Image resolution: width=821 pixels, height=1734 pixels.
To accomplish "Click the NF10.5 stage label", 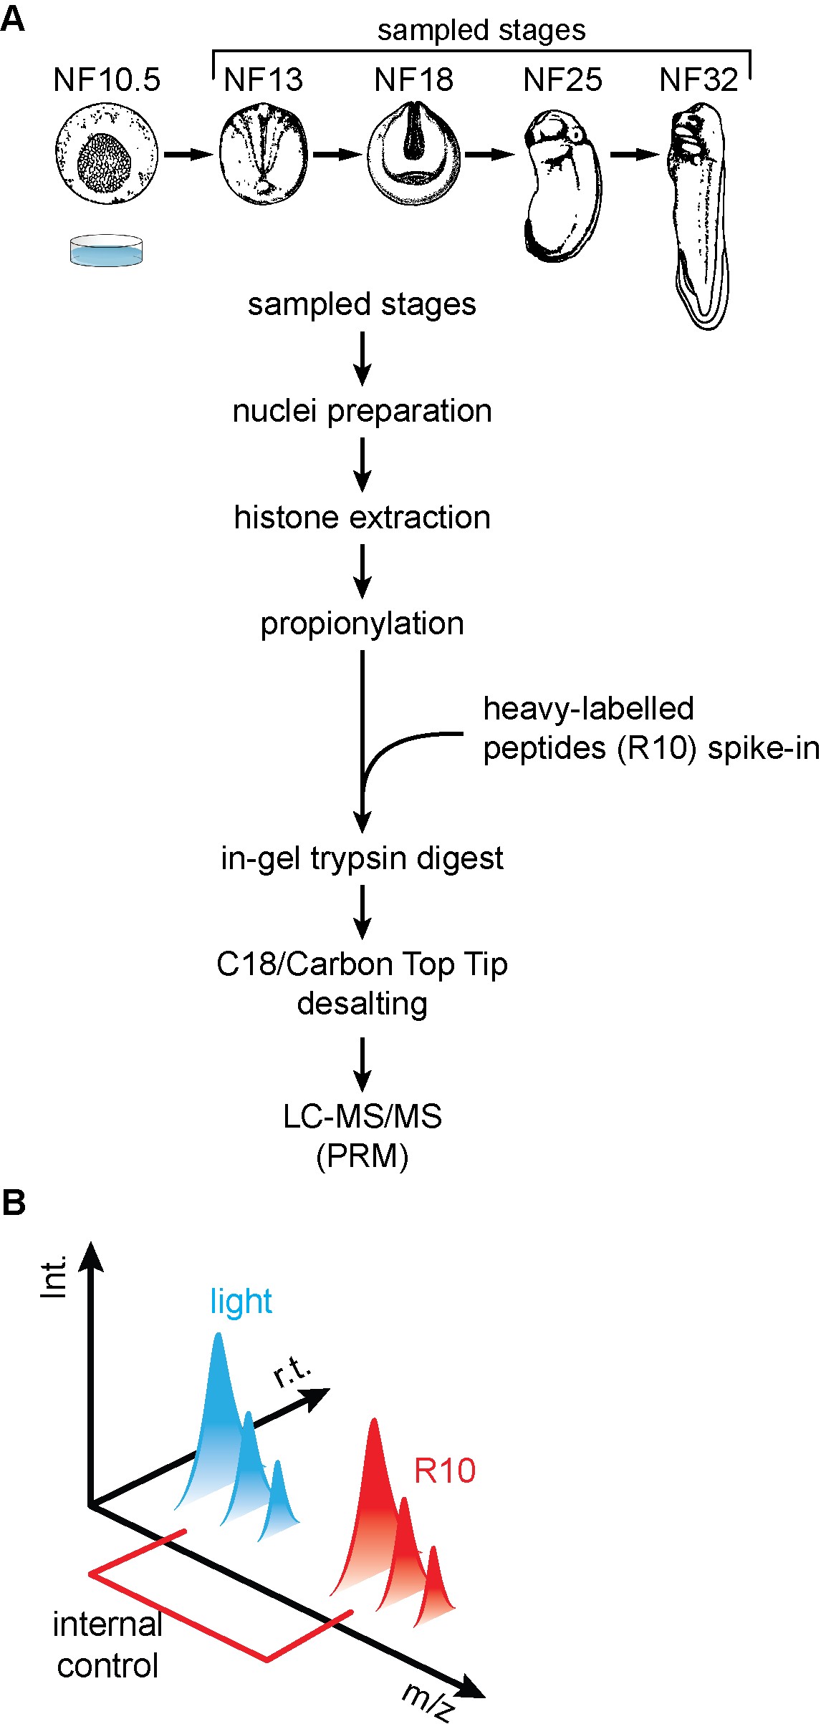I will pyautogui.click(x=107, y=79).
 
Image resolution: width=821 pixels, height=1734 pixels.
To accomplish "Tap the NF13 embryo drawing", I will pyautogui.click(x=264, y=153).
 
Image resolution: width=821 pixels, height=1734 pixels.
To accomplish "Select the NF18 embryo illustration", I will pyautogui.click(x=413, y=152).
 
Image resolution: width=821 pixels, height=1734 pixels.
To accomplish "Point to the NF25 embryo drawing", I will pyautogui.click(x=562, y=187).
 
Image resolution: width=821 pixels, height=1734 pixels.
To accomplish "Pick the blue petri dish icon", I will pyautogui.click(x=106, y=251).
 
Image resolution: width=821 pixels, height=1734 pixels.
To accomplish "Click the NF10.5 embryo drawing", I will pyautogui.click(x=107, y=153).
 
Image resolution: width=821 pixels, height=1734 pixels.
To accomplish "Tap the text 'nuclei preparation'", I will pyautogui.click(x=363, y=412).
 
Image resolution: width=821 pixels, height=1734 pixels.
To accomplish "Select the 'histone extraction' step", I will pyautogui.click(x=363, y=518).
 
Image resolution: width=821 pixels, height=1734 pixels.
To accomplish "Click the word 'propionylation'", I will pyautogui.click(x=363, y=624).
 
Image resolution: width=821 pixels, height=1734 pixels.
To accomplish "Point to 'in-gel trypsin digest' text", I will pyautogui.click(x=363, y=858).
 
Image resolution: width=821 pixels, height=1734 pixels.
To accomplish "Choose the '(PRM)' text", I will pyautogui.click(x=363, y=1156).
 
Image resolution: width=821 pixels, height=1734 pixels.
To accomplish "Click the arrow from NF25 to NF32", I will pyautogui.click(x=633, y=154).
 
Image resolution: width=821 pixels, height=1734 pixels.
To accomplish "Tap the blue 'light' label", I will pyautogui.click(x=241, y=1302).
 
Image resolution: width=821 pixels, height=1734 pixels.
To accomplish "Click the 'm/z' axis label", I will pyautogui.click(x=428, y=1700).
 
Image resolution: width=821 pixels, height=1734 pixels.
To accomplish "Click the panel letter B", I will pyautogui.click(x=14, y=1202).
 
